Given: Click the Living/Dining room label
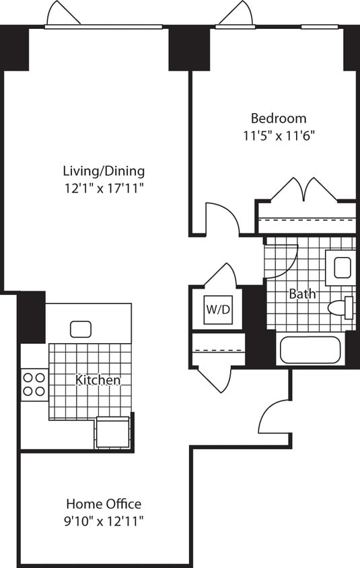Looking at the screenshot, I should pyautogui.click(x=104, y=171).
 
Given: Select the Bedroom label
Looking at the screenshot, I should pyautogui.click(x=279, y=118).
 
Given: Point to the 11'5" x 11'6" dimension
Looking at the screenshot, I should pyautogui.click(x=279, y=135).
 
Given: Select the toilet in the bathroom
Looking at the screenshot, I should pyautogui.click(x=342, y=308).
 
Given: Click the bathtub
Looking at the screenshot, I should pyautogui.click(x=310, y=350).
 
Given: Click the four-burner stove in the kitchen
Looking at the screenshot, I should pyautogui.click(x=34, y=384).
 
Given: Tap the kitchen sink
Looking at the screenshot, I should pyautogui.click(x=80, y=329).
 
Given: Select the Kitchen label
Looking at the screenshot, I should pyautogui.click(x=98, y=380).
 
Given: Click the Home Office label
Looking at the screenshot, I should pyautogui.click(x=104, y=503).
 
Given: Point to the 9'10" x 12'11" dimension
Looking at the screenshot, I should pyautogui.click(x=104, y=520).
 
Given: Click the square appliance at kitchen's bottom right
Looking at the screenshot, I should pyautogui.click(x=112, y=433).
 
